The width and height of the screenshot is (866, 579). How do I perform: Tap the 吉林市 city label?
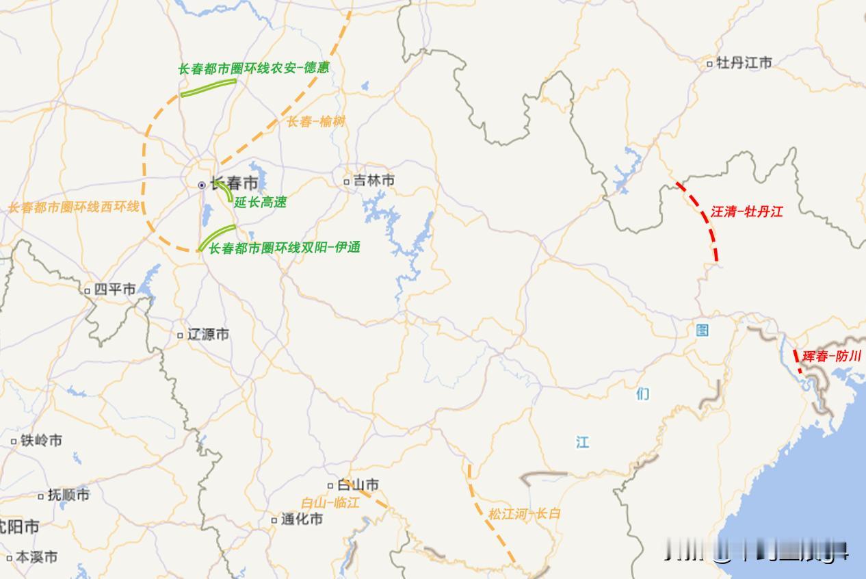(x=373, y=181)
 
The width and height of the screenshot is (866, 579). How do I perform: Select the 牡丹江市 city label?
(x=744, y=63)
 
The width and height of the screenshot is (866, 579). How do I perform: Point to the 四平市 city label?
(x=114, y=289)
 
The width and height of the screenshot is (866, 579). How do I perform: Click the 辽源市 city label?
(x=208, y=335)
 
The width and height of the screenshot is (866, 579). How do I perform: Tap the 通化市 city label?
(x=302, y=519)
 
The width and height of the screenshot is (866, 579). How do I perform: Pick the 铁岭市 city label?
(x=41, y=441)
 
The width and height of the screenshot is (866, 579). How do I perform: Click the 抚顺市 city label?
(x=68, y=495)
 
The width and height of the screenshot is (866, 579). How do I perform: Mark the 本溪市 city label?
(x=36, y=557)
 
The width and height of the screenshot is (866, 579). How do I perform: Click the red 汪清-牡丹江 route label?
(x=746, y=211)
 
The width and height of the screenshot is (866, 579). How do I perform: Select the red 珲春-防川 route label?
(x=832, y=356)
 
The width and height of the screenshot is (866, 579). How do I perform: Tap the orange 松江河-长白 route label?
(x=524, y=513)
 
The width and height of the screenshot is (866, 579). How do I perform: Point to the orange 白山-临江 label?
(x=330, y=502)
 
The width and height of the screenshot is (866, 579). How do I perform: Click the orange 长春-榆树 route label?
(x=315, y=122)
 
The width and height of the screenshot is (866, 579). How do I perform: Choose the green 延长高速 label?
(x=260, y=202)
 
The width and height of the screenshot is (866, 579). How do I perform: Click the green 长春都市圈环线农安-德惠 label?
(x=253, y=68)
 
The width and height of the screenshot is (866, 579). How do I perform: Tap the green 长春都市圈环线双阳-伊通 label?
(x=284, y=248)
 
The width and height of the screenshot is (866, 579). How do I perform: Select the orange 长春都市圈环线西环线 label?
(x=73, y=207)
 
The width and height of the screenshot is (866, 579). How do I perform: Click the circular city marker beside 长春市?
(x=202, y=185)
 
